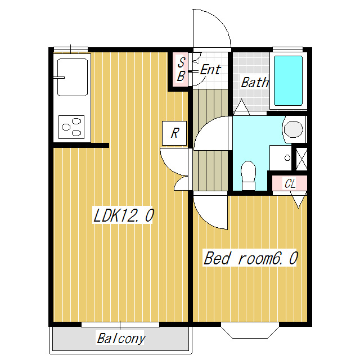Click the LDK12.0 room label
point(123,215)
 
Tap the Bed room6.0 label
point(250,258)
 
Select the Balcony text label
point(121,339)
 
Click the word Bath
point(255,82)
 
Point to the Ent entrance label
point(210,69)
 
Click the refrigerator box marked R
point(174,133)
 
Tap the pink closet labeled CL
point(290,183)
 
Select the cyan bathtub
point(289,81)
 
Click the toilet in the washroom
point(249,175)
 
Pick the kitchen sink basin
point(73,77)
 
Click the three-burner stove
point(71,127)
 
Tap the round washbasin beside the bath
point(294,129)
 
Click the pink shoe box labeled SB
point(181,70)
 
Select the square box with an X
point(301,159)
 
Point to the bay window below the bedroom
point(250,330)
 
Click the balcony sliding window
point(120,325)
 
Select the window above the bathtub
point(287,49)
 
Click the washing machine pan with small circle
point(281,158)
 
